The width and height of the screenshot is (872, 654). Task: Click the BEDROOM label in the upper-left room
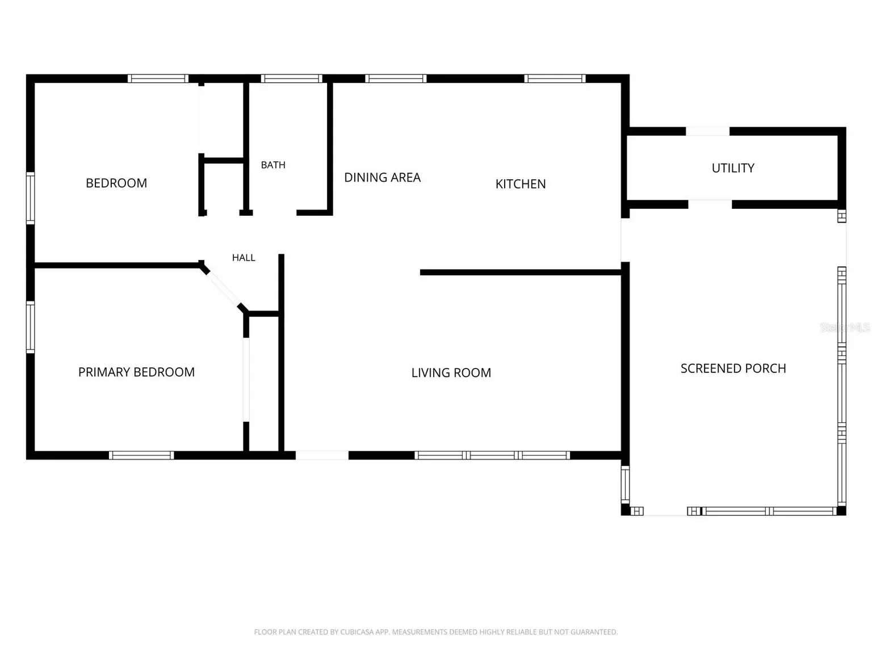[x=116, y=183]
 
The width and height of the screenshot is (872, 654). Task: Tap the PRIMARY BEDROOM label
[x=136, y=372]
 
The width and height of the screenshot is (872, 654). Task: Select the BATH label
[x=273, y=165]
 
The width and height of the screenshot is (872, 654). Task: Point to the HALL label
[x=244, y=258]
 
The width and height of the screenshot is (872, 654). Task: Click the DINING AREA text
[x=382, y=178]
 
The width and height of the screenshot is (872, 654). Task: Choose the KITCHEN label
[x=521, y=184]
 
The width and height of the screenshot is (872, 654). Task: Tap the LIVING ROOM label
[x=451, y=372]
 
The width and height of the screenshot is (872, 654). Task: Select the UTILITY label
[x=733, y=168]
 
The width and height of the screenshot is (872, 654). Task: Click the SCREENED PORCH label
[x=733, y=368]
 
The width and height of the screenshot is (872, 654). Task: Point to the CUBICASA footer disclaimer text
[x=436, y=632]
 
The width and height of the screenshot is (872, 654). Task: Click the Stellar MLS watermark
[x=845, y=327]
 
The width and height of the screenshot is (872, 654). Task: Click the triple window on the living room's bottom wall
[x=492, y=455]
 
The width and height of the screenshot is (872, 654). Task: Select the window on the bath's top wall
[x=292, y=78]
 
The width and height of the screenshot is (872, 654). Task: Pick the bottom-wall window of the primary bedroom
[x=141, y=455]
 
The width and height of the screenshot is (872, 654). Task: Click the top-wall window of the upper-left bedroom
[x=158, y=78]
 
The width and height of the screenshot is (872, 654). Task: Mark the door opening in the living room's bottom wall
[x=322, y=455]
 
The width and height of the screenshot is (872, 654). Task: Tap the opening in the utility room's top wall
[x=707, y=131]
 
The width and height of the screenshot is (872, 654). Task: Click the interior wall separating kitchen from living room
[x=521, y=272]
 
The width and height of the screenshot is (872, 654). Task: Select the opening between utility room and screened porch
[x=710, y=204]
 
